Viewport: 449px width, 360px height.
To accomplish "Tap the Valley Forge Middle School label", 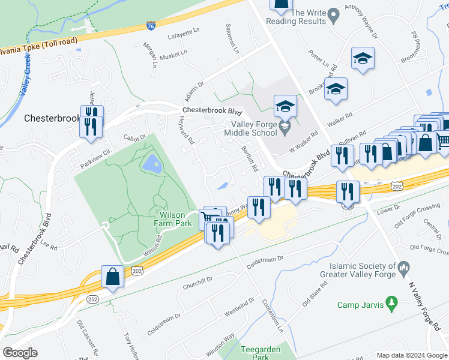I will coord(253,129).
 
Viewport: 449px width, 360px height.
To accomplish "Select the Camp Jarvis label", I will coord(360,305).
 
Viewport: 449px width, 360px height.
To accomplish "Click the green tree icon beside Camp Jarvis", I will coord(393,300).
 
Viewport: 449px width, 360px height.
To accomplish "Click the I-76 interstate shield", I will coord(151,26).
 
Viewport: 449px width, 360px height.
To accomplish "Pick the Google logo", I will coord(20,353).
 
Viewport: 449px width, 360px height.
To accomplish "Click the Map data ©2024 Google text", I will coord(412,355).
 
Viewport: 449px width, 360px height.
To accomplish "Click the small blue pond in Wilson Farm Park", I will coord(151,162).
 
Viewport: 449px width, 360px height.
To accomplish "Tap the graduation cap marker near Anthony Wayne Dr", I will coord(362,58).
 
